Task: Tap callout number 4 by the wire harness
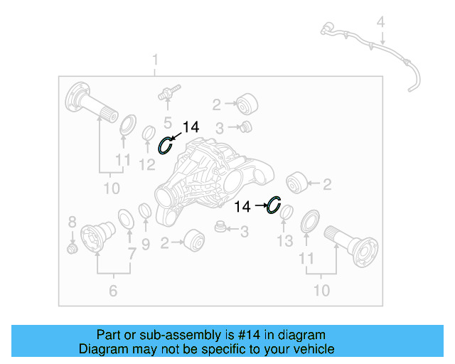(381, 23)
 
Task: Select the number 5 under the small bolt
(168, 122)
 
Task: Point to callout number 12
(147, 166)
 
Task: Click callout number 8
(72, 221)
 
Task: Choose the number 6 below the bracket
(112, 290)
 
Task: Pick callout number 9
(132, 253)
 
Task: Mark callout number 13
(284, 242)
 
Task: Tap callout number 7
(145, 245)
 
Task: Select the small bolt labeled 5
(169, 92)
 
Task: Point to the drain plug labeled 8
(71, 248)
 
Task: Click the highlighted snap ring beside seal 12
(165, 145)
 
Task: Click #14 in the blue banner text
(250, 335)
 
